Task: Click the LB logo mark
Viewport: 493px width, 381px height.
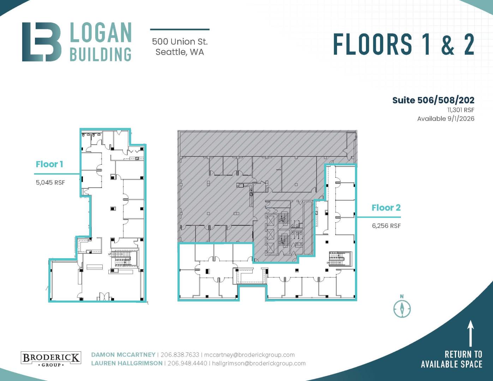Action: pyautogui.click(x=42, y=42)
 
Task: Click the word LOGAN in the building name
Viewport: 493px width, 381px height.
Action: pyautogui.click(x=101, y=32)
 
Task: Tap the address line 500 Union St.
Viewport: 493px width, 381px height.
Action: pyautogui.click(x=180, y=42)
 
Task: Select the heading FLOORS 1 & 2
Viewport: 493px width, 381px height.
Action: pyautogui.click(x=404, y=44)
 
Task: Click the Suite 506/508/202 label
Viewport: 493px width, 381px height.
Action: pyautogui.click(x=433, y=100)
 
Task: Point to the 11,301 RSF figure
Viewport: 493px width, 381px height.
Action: pyautogui.click(x=461, y=110)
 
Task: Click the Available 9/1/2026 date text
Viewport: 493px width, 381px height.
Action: pyautogui.click(x=446, y=119)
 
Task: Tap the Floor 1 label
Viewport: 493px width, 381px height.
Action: pyautogui.click(x=49, y=164)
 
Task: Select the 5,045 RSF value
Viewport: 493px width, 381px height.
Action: pyautogui.click(x=50, y=182)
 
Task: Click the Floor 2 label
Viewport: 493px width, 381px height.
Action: pyautogui.click(x=386, y=207)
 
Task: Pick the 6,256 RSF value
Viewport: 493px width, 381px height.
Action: pyautogui.click(x=386, y=226)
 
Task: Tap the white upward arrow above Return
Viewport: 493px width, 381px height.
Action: pyautogui.click(x=470, y=333)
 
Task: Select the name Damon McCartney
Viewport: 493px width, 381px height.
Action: pyautogui.click(x=123, y=355)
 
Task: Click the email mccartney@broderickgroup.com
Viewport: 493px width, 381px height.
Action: pyautogui.click(x=249, y=355)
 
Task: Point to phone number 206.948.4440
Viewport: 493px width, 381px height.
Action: pyautogui.click(x=187, y=363)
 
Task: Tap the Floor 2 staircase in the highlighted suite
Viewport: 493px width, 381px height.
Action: pyautogui.click(x=340, y=259)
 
